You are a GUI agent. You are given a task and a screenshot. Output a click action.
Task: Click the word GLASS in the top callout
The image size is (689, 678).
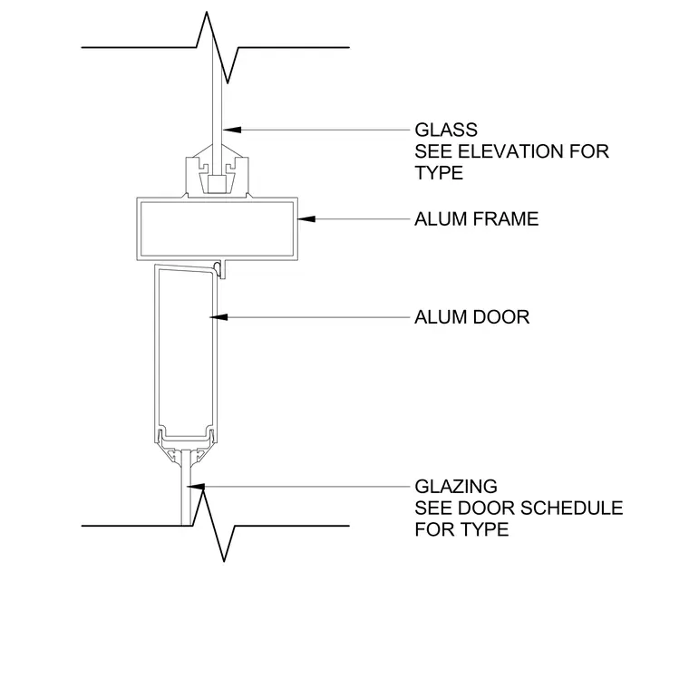[x=446, y=130]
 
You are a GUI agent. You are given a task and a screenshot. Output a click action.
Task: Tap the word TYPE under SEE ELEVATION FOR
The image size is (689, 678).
[x=439, y=173]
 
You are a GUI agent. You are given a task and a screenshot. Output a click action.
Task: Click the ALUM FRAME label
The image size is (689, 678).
[x=476, y=219]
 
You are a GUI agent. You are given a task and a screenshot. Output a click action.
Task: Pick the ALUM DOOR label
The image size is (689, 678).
[x=472, y=317]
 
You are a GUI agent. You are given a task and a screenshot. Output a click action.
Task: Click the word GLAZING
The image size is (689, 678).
[x=456, y=487]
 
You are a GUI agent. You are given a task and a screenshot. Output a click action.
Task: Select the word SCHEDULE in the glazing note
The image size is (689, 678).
[x=572, y=508]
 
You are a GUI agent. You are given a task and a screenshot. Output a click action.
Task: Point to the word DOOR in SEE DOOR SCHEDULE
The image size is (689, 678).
[x=487, y=508]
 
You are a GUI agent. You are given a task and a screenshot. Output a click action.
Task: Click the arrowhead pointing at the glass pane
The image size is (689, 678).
[x=231, y=130]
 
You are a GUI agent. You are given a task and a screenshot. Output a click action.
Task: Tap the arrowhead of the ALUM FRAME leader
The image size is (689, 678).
[x=306, y=218]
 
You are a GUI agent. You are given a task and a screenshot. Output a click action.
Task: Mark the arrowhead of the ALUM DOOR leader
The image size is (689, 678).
[x=218, y=317]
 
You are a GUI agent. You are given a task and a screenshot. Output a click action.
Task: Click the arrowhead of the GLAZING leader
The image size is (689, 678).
[x=196, y=487]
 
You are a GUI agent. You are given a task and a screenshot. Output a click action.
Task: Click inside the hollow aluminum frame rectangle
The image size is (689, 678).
[x=217, y=228]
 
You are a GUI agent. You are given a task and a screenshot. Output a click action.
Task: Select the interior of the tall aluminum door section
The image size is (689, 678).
[x=186, y=352]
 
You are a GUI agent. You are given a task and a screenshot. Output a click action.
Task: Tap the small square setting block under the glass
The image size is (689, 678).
[x=216, y=184]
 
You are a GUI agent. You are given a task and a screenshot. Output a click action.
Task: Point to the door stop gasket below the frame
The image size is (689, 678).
[x=217, y=268]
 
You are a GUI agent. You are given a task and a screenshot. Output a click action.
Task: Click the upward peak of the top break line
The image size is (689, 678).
[x=207, y=13]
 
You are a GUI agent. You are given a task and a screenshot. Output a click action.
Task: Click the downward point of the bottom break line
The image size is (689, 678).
[x=224, y=561]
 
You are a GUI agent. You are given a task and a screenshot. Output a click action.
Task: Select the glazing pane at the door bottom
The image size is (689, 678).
[x=186, y=488]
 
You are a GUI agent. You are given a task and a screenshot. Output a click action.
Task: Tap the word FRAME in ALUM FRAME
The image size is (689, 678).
[x=507, y=219]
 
